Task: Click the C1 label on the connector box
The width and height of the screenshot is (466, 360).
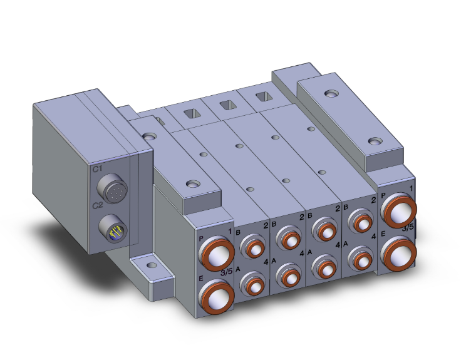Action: click(x=97, y=169)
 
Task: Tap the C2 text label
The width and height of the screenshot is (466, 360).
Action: click(x=97, y=205)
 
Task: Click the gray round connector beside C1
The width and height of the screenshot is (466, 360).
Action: click(x=111, y=192)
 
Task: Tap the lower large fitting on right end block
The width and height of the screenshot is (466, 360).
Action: click(x=398, y=251)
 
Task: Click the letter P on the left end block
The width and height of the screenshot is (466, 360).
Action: click(x=200, y=239)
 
